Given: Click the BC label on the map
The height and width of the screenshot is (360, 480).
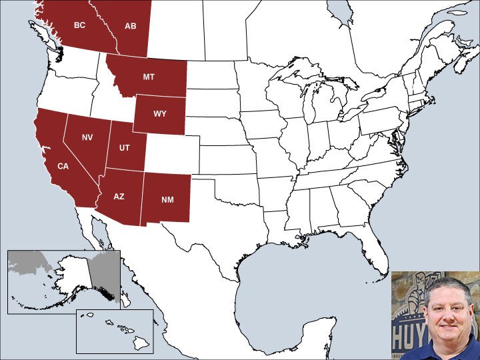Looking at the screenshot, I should coord(79,25).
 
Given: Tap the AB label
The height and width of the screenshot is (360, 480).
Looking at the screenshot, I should coord(131,26).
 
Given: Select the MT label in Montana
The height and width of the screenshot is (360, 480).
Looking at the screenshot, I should coord(149,77).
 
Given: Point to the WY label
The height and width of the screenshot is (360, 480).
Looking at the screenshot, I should coord(160,113).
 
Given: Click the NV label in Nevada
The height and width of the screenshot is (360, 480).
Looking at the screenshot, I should coord(87,137).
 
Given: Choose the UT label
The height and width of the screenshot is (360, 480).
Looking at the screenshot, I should coord(125,147).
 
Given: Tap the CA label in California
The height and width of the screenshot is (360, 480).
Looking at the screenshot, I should coord(63,165).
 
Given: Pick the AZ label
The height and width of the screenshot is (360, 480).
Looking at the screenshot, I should coord(119,196).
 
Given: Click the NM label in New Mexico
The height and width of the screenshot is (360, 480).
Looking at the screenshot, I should coord(167,199).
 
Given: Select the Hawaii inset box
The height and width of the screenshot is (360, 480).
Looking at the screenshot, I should coord(115,331).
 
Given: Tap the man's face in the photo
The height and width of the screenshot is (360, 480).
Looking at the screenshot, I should coord(443,314).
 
